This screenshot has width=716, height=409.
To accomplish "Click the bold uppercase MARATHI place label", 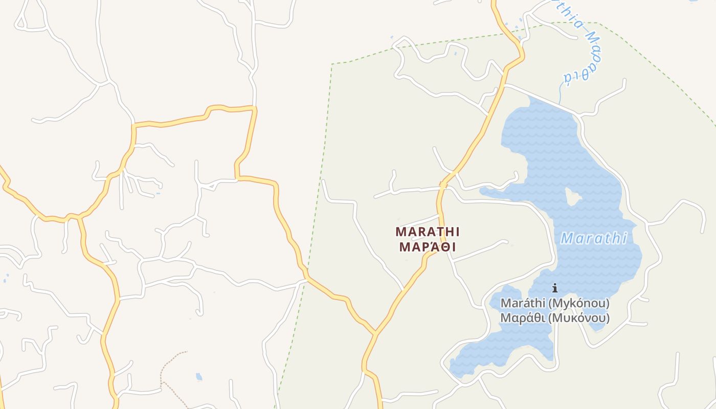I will [x=428, y=232].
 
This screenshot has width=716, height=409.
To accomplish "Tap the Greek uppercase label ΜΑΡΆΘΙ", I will [x=428, y=247].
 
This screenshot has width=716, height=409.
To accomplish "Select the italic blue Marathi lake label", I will [x=594, y=238].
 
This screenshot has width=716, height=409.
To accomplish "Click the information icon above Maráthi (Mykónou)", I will [x=555, y=288].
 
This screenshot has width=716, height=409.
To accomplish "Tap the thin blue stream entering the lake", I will [x=561, y=95].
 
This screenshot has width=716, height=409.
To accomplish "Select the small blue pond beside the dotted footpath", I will [x=199, y=377].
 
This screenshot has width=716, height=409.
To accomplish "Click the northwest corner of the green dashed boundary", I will [x=332, y=64].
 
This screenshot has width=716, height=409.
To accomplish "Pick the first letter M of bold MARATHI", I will [x=400, y=232].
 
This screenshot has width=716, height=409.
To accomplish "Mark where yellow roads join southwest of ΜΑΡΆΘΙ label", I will [x=375, y=332].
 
